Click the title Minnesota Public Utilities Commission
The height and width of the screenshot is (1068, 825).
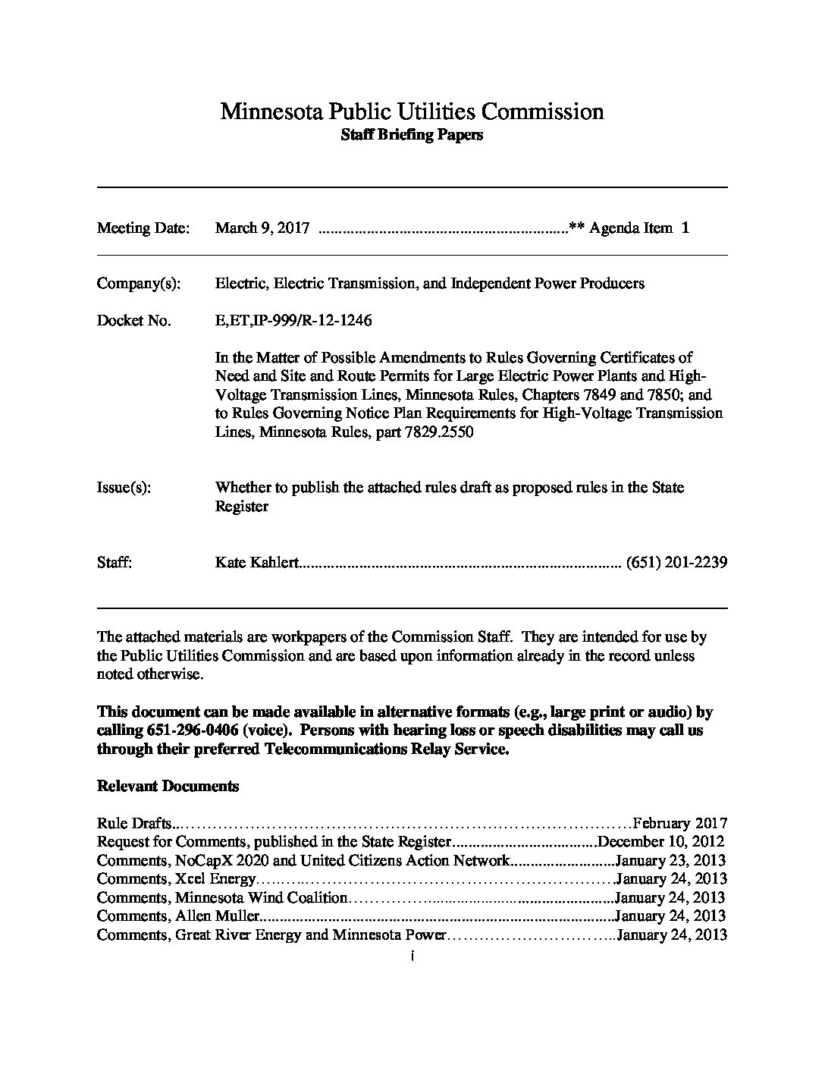pos(412,112)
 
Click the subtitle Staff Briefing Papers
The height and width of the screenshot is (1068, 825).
pos(412,136)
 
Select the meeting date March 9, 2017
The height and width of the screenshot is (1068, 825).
pos(262,228)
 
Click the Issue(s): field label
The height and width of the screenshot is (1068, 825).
pos(124,488)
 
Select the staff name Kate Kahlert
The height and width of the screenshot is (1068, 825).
pos(258,563)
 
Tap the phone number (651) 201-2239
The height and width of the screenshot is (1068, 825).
pos(677,563)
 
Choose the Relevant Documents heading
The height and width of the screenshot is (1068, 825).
pos(168,787)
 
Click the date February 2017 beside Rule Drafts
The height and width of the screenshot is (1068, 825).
pos(680,823)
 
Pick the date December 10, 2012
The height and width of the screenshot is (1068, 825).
pos(661,841)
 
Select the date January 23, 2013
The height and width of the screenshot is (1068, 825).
pos(671,860)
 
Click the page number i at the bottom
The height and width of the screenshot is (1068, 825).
pos(411,956)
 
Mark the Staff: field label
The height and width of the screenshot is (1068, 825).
pos(114,563)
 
